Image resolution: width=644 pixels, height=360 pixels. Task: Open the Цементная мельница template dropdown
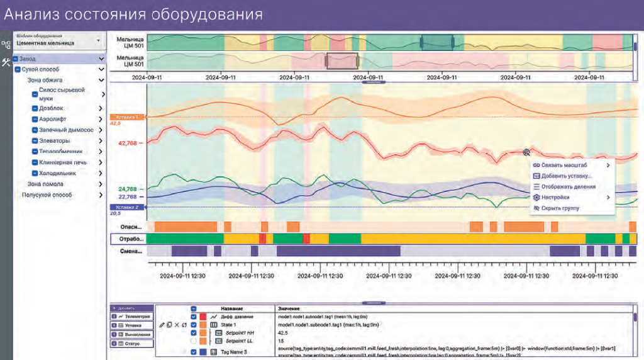click(97, 40)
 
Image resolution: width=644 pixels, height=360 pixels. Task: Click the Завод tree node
click(28, 59)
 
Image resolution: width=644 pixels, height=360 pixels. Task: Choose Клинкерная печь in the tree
click(63, 162)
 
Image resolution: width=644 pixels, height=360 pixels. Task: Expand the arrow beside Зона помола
click(101, 184)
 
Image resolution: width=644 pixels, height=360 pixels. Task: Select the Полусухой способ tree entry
click(47, 195)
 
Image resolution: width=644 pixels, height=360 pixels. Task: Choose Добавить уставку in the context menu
click(566, 176)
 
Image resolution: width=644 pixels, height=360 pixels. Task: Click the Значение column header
click(289, 309)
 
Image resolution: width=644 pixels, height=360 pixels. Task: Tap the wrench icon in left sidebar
click(6, 62)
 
